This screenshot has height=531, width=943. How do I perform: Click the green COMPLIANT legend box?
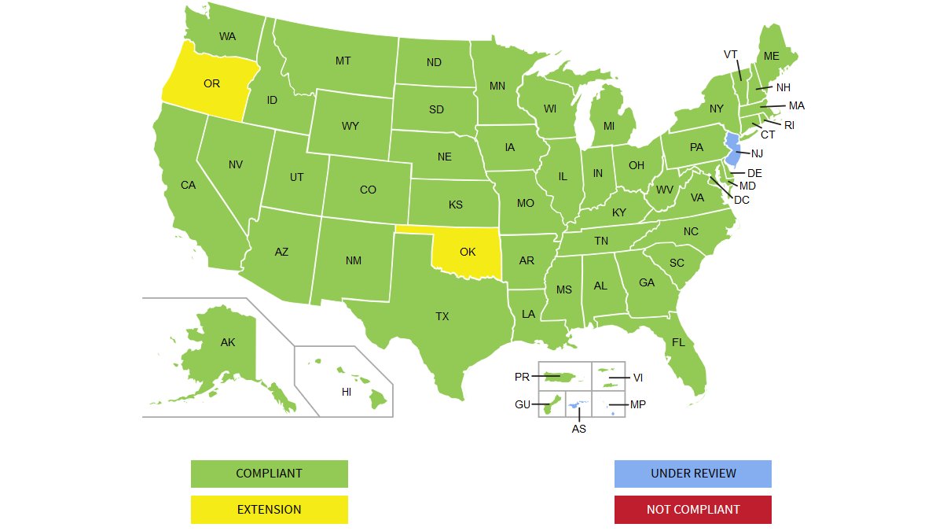[269, 474]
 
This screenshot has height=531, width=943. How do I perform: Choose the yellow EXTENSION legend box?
[269, 510]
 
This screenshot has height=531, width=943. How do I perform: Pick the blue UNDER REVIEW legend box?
[692, 474]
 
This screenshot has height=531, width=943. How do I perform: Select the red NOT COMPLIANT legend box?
[692, 510]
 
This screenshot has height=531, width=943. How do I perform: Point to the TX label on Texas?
[442, 316]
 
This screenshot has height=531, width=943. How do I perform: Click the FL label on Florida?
[678, 342]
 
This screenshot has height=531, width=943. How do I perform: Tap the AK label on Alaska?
[227, 342]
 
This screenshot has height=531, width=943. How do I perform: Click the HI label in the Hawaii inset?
[346, 392]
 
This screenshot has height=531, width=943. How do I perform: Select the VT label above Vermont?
[731, 54]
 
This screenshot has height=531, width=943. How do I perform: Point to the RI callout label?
[789, 125]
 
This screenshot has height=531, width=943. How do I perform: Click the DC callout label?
[741, 200]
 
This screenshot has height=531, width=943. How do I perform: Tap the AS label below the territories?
[578, 429]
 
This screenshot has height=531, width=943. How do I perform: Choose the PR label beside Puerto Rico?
[522, 377]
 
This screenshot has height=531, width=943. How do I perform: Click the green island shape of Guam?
[547, 407]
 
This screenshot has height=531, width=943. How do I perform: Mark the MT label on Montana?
[343, 61]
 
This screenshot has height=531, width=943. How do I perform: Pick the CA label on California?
[188, 186]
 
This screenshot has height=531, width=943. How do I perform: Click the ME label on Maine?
[771, 56]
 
